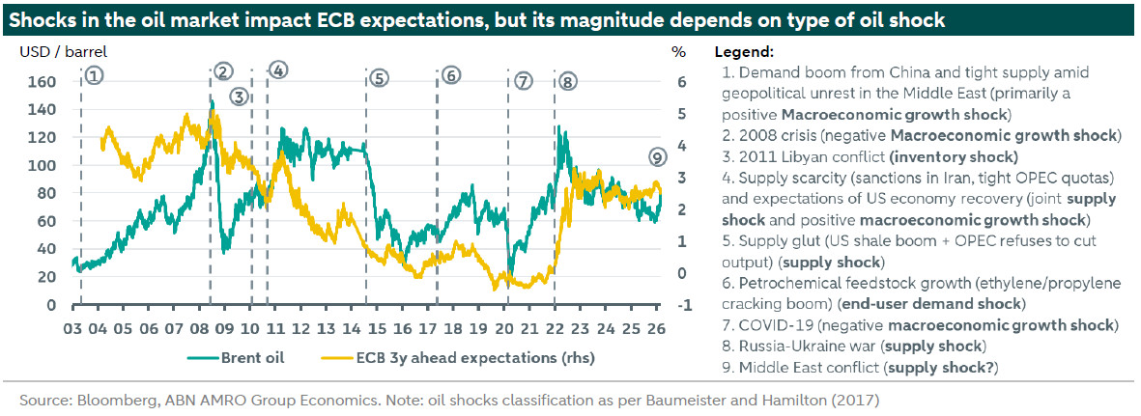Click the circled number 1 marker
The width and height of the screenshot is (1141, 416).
tap(93, 73)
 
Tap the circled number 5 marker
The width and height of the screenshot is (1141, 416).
tap(378, 78)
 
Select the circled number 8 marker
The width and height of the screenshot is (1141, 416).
tap(567, 82)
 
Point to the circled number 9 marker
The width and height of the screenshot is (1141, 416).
tap(658, 156)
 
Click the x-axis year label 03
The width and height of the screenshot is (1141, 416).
tap(72, 327)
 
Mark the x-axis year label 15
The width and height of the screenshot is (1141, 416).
tap(377, 327)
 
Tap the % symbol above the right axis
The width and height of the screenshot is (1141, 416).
tap(678, 51)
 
